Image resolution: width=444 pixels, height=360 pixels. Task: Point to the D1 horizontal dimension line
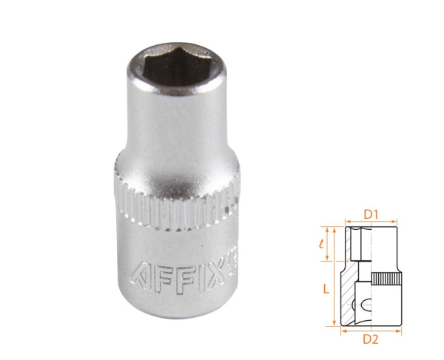tap(371, 223)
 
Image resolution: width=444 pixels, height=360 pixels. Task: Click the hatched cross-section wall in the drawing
tap(348, 296)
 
